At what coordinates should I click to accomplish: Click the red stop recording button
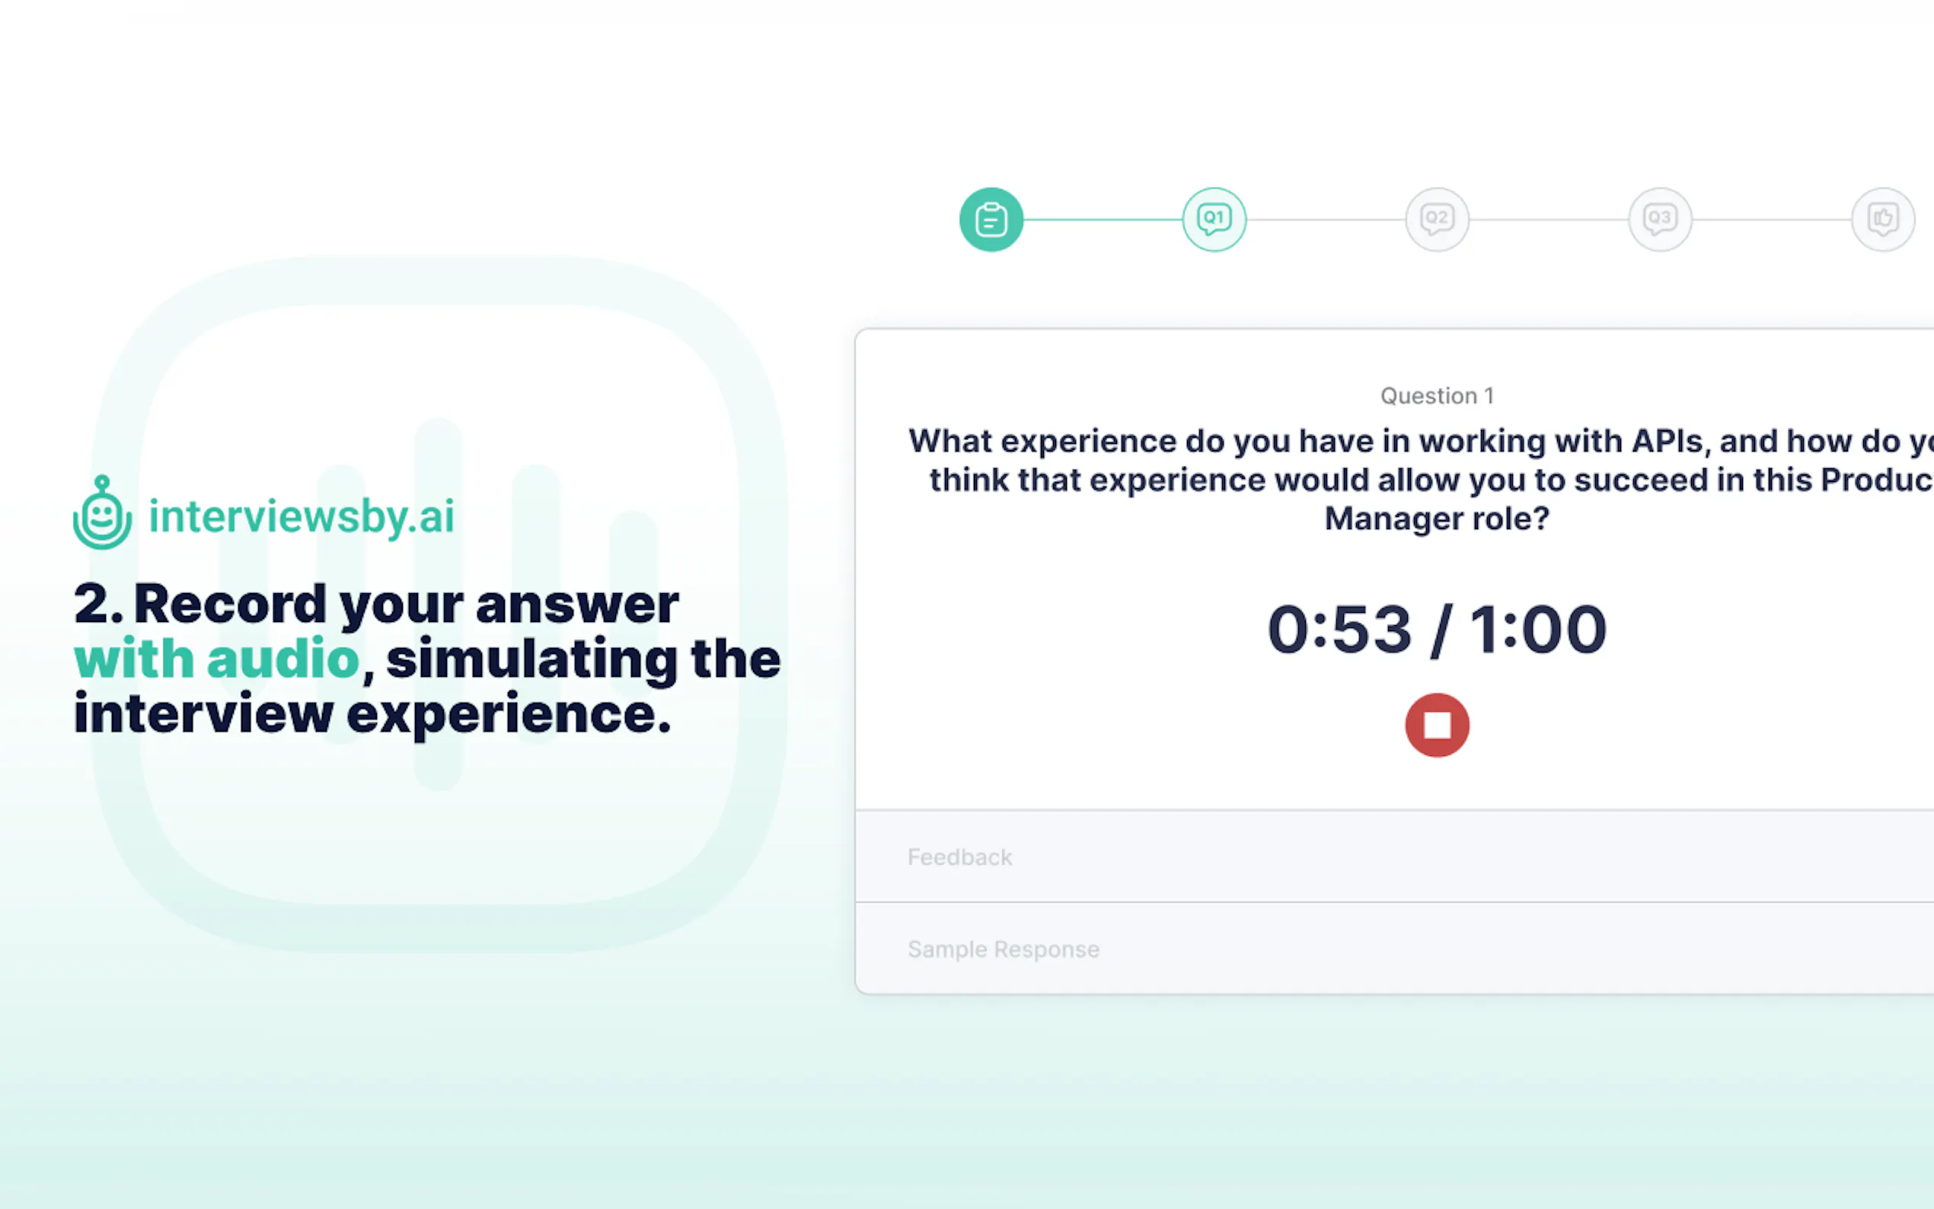pyautogui.click(x=1437, y=725)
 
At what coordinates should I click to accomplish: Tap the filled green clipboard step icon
pyautogui.click(x=991, y=219)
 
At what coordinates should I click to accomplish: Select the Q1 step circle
pyautogui.click(x=1214, y=219)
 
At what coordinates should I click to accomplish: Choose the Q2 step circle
pyautogui.click(x=1437, y=219)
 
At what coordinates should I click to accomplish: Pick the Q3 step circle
pyautogui.click(x=1660, y=219)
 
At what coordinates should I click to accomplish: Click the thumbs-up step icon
pyautogui.click(x=1883, y=219)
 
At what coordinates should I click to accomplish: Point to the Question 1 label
pyautogui.click(x=1437, y=396)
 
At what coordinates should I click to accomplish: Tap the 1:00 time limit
pyautogui.click(x=1537, y=630)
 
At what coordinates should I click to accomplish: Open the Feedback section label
pyautogui.click(x=959, y=857)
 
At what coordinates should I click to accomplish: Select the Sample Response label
pyautogui.click(x=1004, y=949)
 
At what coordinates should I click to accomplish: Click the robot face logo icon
pyautogui.click(x=102, y=514)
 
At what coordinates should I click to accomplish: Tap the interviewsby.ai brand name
pyautogui.click(x=302, y=515)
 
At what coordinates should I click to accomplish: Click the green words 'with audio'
pyautogui.click(x=217, y=658)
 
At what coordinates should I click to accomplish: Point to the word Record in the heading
pyautogui.click(x=230, y=604)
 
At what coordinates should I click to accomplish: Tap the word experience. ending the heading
pyautogui.click(x=509, y=713)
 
